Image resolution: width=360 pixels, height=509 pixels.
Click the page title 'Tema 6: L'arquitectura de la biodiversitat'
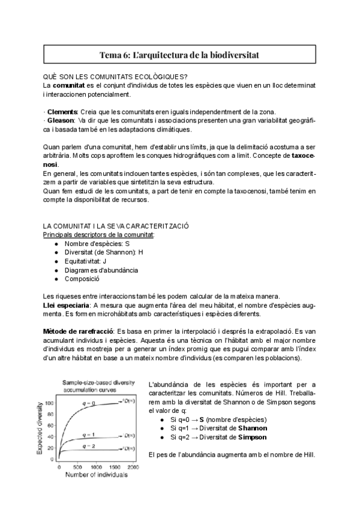pyautogui.click(x=179, y=55)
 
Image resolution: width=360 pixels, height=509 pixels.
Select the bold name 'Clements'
pyautogui.click(x=62, y=112)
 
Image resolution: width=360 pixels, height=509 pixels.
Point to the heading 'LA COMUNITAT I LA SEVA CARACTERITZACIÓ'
pyautogui.click(x=116, y=226)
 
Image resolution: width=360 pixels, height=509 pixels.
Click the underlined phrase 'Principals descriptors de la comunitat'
pyautogui.click(x=98, y=234)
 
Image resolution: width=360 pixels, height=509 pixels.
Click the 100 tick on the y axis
pyautogui.click(x=50, y=403)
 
